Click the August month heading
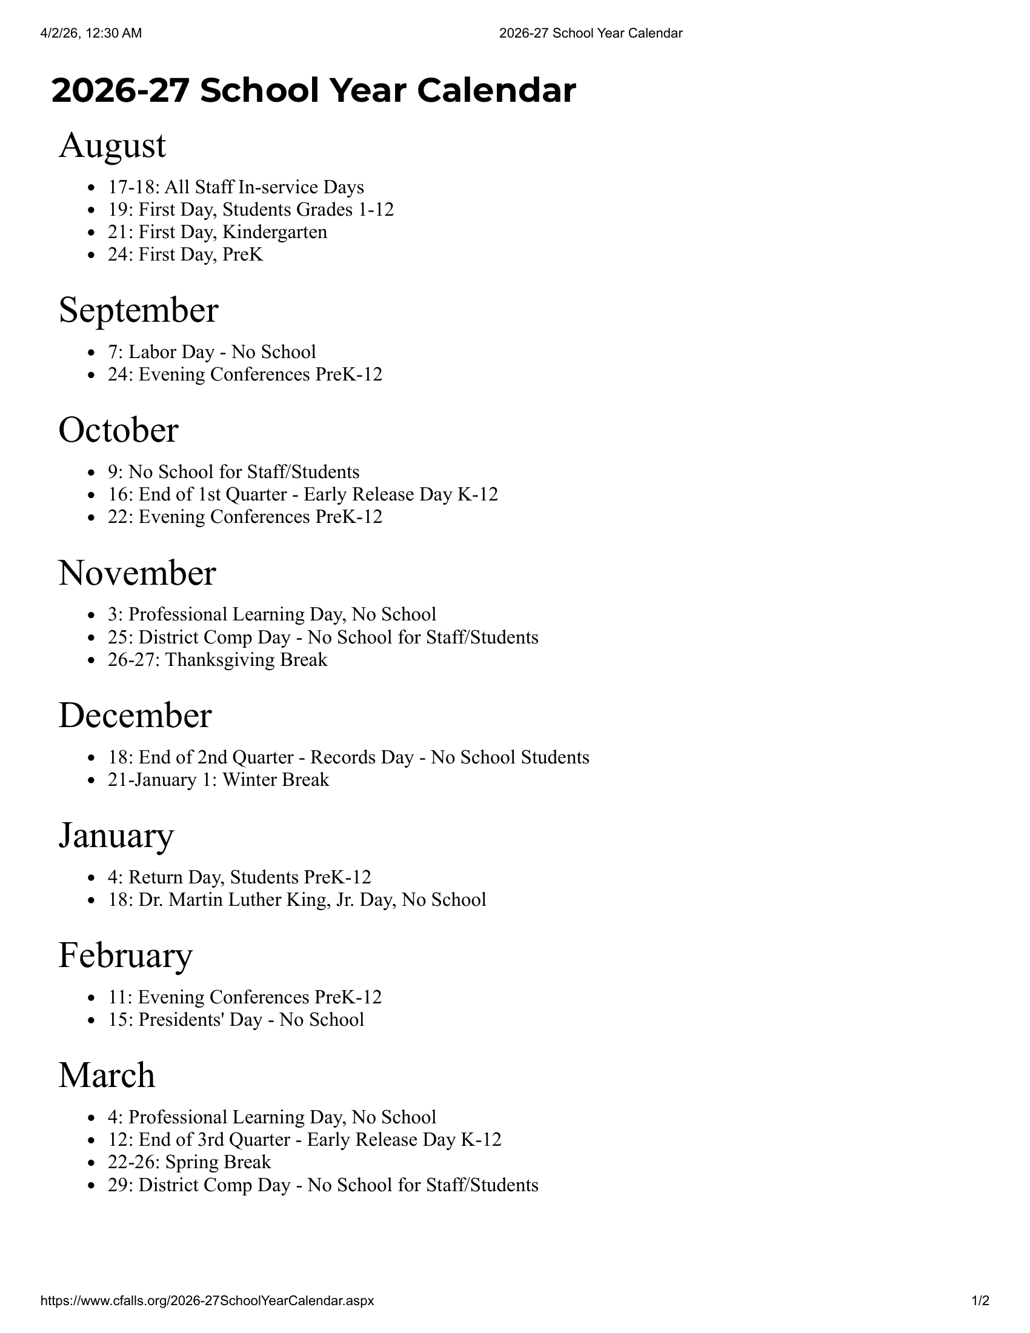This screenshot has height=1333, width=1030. click(x=112, y=146)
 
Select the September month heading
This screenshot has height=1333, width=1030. click(x=138, y=310)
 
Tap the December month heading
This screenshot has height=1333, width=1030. click(x=135, y=716)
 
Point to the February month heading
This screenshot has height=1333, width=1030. click(x=125, y=955)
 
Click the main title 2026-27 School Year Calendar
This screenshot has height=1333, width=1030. click(x=313, y=90)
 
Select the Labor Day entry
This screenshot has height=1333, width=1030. click(x=211, y=352)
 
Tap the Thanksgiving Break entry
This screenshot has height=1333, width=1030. click(x=218, y=660)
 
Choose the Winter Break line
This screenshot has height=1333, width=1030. click(x=219, y=780)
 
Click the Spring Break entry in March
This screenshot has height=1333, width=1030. click(x=189, y=1162)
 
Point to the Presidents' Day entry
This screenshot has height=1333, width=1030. click(x=236, y=1020)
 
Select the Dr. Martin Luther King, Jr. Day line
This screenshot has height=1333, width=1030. click(x=296, y=900)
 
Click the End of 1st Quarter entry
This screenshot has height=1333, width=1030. click(x=303, y=494)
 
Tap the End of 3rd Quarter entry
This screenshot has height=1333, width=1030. click(x=305, y=1140)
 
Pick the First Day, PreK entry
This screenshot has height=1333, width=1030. click(x=185, y=254)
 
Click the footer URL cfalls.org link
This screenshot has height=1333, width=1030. click(x=207, y=1301)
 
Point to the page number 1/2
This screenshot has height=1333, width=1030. click(x=980, y=1301)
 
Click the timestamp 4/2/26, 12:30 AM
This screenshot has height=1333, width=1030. click(x=91, y=33)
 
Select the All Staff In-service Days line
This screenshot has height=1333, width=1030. click(x=236, y=187)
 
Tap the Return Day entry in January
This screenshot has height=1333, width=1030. click(x=239, y=877)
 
